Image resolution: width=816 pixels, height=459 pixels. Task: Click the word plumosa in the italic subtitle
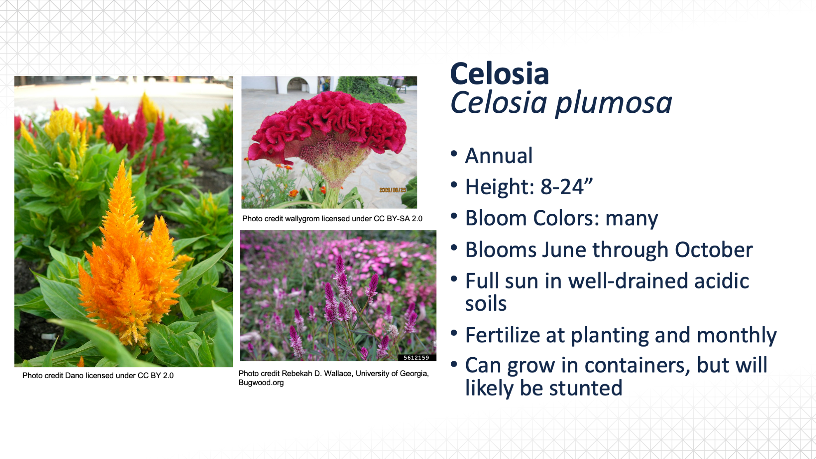click(614, 103)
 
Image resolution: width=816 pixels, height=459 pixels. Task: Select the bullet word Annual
click(499, 156)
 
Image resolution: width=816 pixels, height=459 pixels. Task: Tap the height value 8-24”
click(567, 187)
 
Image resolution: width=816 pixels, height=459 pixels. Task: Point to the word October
click(714, 250)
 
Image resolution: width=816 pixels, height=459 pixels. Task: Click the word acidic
click(722, 281)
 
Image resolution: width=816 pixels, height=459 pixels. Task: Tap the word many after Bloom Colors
click(632, 219)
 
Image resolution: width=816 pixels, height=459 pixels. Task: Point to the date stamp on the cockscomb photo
click(392, 190)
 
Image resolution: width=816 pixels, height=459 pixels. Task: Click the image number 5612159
click(416, 358)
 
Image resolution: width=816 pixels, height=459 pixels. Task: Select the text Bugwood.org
click(261, 383)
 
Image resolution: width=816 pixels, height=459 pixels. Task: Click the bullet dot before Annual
click(454, 154)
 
